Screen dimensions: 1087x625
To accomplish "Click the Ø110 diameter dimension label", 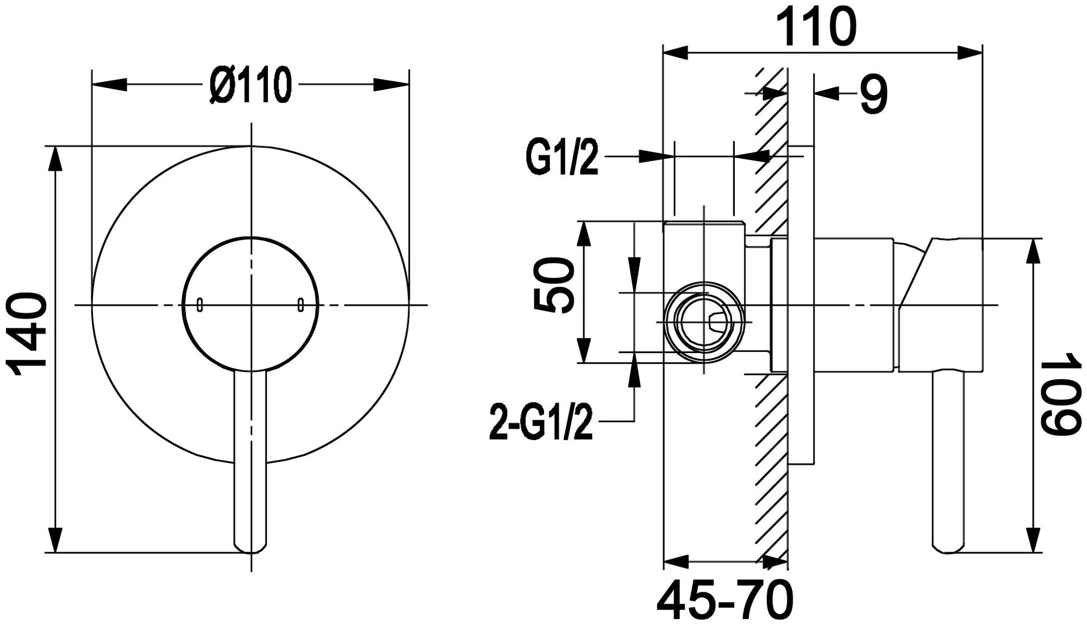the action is coord(251,85).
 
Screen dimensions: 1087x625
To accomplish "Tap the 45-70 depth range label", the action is coord(725,600).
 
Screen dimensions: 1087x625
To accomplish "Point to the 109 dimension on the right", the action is coord(1059,393).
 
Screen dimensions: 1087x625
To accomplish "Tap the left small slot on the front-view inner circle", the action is coord(200,305).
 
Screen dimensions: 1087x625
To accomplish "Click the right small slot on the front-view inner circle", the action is coord(300,305).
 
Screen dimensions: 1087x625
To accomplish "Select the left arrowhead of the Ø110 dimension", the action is coord(109,85).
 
